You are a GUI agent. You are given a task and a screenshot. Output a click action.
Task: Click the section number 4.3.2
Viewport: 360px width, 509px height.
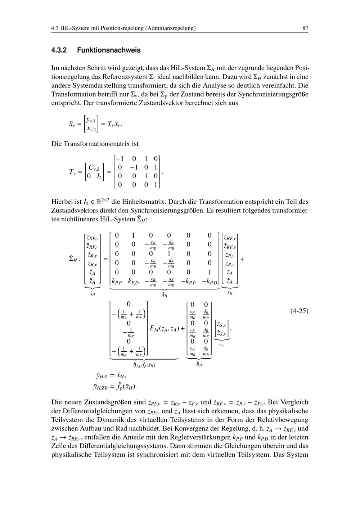click(59, 50)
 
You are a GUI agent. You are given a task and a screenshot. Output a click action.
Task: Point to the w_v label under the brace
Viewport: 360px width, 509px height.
click(222, 344)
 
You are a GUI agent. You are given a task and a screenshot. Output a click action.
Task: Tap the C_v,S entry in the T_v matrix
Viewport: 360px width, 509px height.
click(94, 167)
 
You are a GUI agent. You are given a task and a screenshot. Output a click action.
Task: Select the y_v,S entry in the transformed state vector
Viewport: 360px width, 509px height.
click(91, 120)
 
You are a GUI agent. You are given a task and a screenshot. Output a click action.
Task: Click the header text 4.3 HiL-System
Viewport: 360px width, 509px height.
click(71, 28)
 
